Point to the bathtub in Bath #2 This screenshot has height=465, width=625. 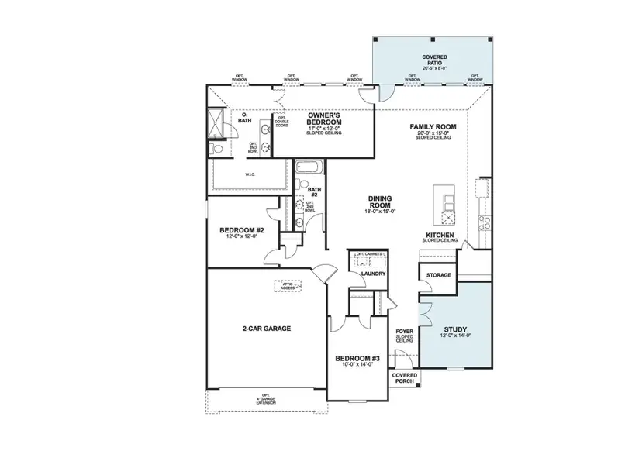point(306,167)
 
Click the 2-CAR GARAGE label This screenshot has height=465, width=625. point(267,329)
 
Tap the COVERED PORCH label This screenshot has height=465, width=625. point(403,378)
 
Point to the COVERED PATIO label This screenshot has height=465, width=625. point(433,57)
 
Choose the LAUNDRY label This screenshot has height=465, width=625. point(363,273)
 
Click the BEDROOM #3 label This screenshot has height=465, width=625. point(357,358)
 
